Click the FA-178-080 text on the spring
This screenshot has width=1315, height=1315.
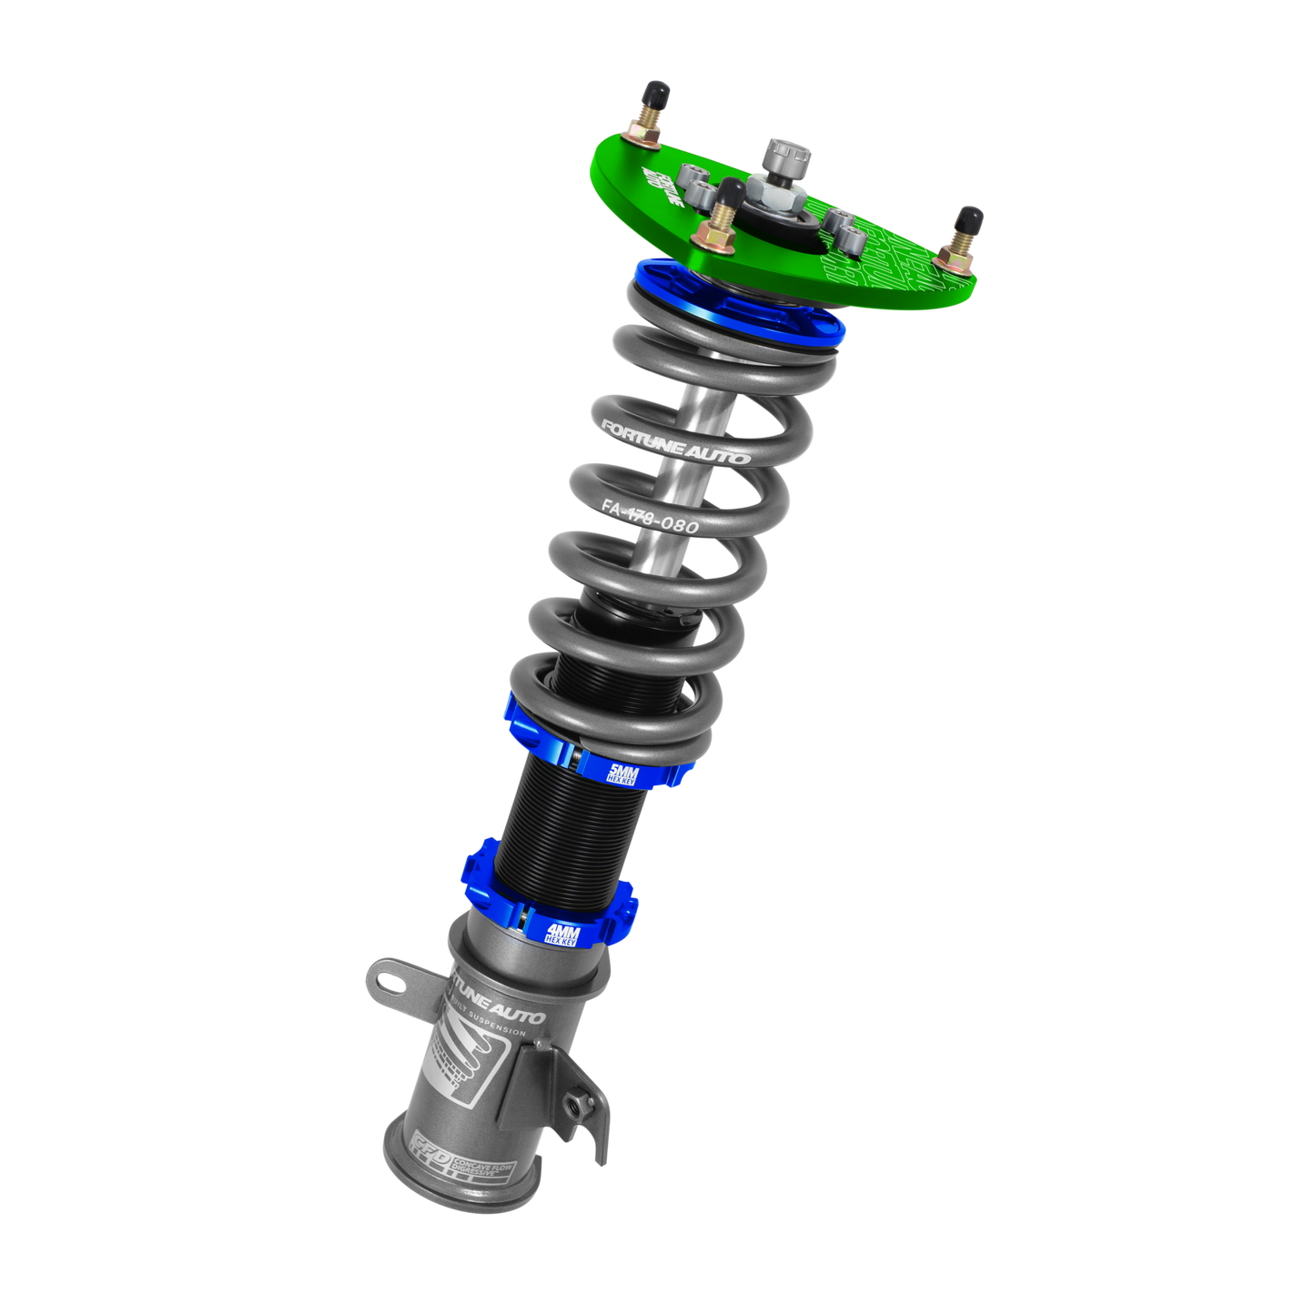click(650, 517)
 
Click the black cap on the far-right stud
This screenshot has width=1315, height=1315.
click(970, 218)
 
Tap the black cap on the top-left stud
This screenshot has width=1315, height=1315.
click(656, 94)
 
